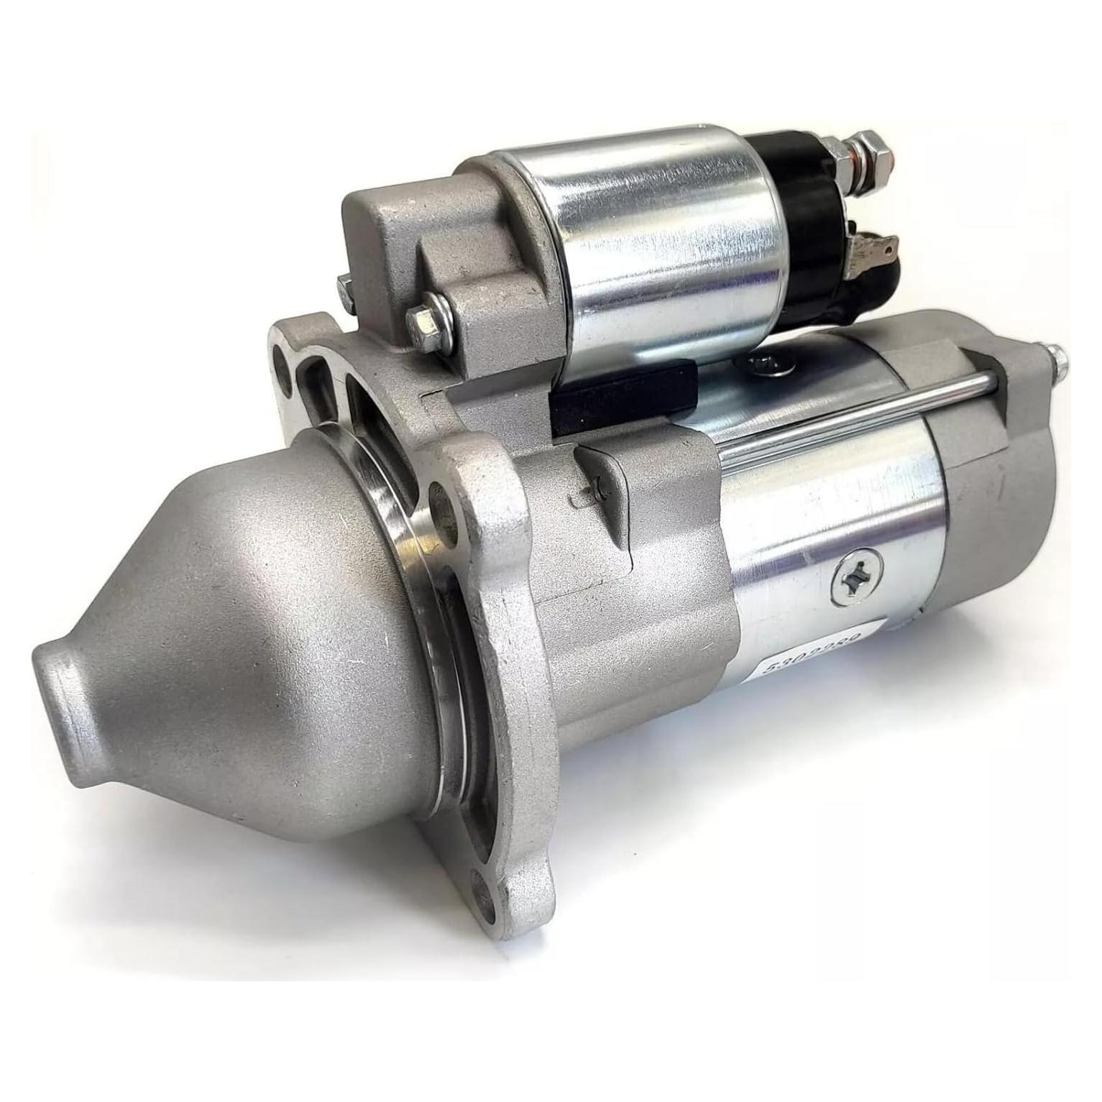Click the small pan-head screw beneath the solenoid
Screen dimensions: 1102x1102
click(x=771, y=366)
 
